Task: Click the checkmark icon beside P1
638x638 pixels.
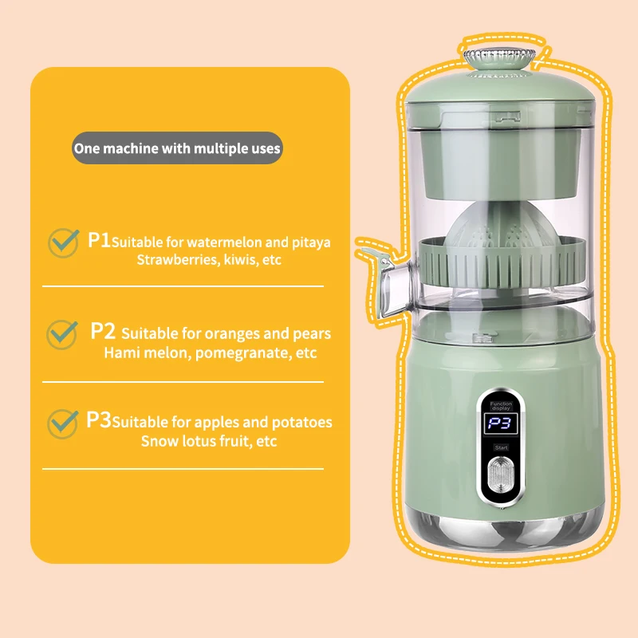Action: pos(63,242)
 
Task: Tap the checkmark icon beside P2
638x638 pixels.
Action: pos(63,333)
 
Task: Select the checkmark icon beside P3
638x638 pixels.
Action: pos(63,423)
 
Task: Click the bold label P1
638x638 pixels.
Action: pos(100,240)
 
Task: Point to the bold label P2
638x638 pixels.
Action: pos(104,331)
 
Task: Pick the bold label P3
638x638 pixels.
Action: pos(100,420)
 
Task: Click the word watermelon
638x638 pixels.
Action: pos(224,242)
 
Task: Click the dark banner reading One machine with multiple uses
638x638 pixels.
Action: pos(177,148)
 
